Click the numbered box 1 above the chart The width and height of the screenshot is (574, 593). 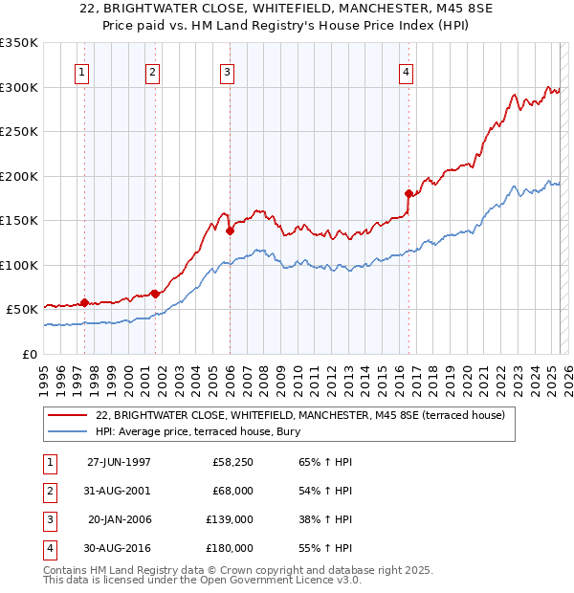tap(81, 71)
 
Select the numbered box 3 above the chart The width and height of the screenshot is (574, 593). tap(227, 71)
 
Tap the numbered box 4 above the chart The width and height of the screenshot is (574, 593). tap(406, 71)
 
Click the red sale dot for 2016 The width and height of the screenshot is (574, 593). tap(408, 193)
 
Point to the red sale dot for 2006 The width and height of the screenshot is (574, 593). tap(230, 230)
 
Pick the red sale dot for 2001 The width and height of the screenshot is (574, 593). tap(155, 293)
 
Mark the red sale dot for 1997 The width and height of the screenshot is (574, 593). tap(84, 302)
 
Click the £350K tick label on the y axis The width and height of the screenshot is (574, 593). tap(19, 43)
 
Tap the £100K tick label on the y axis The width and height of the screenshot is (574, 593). tap(19, 265)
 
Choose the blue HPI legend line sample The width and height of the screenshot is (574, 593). tap(67, 431)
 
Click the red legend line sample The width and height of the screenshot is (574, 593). tap(67, 415)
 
